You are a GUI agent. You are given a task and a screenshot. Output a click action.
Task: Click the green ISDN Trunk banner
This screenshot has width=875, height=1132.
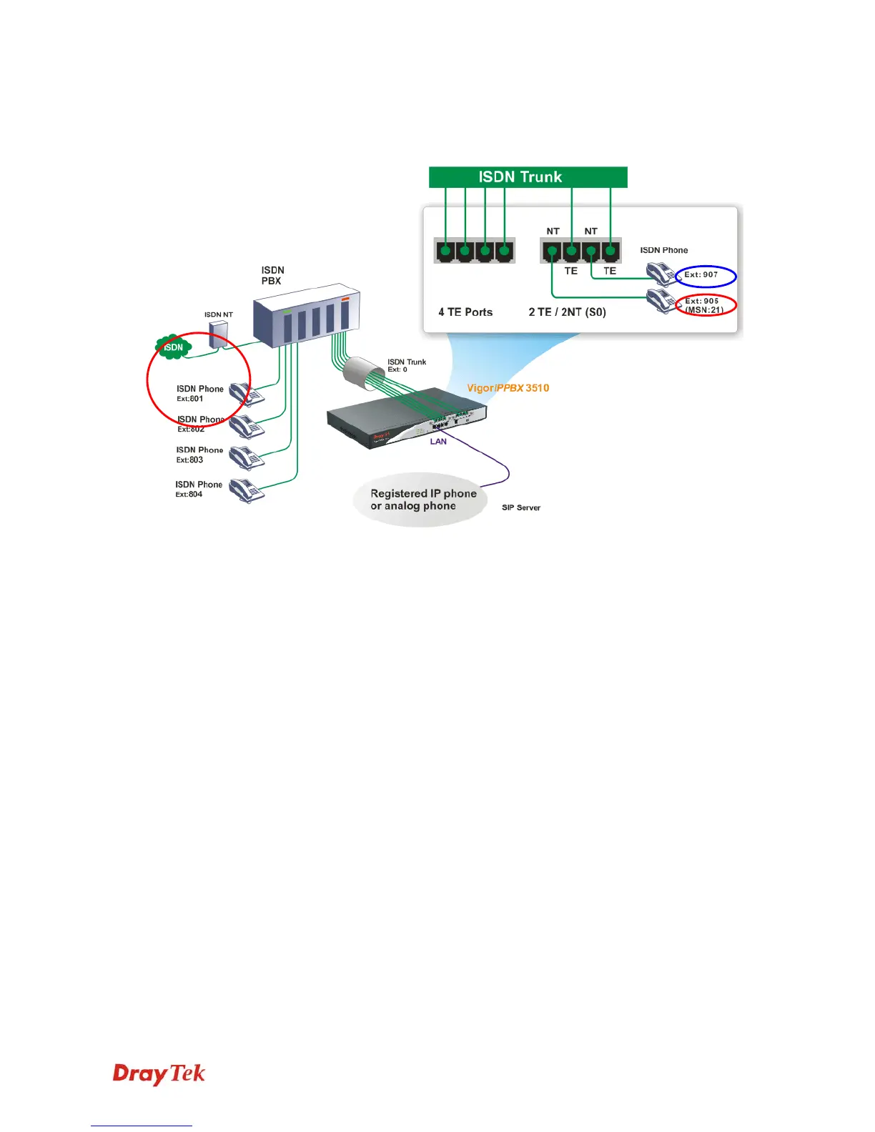coord(528,177)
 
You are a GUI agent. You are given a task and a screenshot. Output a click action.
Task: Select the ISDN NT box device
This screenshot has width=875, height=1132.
coord(218,334)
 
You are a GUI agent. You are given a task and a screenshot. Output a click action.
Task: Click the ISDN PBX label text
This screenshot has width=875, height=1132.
coord(272,275)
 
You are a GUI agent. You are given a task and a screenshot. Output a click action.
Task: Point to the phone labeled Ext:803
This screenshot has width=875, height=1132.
coord(247,457)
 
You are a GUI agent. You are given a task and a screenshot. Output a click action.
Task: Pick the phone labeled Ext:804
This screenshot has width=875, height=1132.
coord(247,491)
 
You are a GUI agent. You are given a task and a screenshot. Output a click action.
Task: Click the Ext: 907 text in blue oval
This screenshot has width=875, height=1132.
coord(701,274)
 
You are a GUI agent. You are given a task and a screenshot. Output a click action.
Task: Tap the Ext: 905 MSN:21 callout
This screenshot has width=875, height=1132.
coord(704,305)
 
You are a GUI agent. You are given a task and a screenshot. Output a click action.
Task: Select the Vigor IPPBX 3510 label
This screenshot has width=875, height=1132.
coord(508,388)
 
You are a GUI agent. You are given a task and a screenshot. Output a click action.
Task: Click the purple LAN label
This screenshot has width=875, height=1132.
coord(438,442)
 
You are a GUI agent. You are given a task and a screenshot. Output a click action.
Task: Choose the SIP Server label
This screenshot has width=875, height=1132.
coord(521,507)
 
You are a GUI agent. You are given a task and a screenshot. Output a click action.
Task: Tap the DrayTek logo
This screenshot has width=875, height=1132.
coord(159,1074)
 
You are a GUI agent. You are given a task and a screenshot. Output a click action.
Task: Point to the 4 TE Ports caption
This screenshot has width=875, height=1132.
coord(465,312)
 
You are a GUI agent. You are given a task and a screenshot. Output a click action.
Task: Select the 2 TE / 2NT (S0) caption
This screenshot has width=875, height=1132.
coord(567,312)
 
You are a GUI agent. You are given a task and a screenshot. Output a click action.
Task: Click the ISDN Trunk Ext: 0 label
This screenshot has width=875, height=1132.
coord(406,365)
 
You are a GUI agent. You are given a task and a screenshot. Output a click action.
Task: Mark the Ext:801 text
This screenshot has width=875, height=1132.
coord(190,399)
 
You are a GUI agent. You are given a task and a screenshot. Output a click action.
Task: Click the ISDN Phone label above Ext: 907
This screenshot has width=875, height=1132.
coord(663,250)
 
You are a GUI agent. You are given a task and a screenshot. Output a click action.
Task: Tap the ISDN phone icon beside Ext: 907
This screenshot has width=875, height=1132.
coord(660,274)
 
